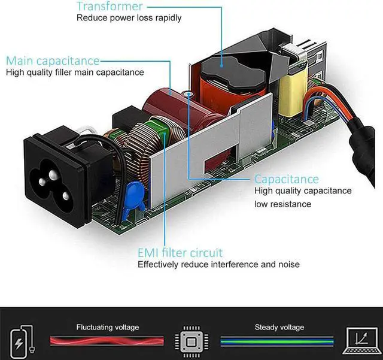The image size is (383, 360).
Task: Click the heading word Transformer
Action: click(110, 7)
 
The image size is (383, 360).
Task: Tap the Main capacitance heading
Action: click(53, 60)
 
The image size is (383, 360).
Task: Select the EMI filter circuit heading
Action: click(180, 252)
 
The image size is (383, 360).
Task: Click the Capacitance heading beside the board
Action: click(287, 179)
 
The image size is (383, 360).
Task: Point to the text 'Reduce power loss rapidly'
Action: click(129, 18)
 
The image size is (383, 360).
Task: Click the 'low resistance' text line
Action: click(282, 204)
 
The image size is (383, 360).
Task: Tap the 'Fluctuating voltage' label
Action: click(108, 327)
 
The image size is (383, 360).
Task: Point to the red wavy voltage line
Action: click(108, 341)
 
